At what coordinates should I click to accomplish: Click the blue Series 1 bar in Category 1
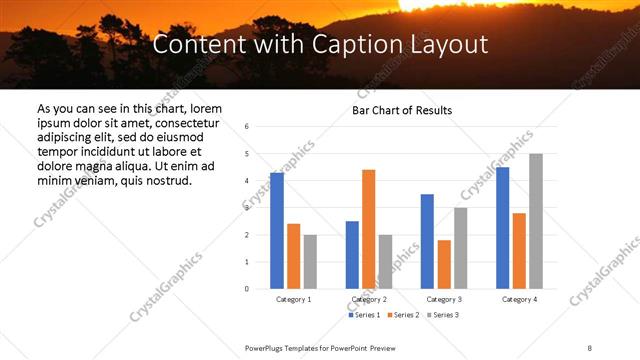[x=277, y=231]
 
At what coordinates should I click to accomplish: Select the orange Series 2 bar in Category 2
[x=368, y=229]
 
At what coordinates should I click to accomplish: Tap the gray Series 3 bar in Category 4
[x=536, y=221]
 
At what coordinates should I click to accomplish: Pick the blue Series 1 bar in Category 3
[x=427, y=241]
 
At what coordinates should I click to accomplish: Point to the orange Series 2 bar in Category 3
[x=444, y=264]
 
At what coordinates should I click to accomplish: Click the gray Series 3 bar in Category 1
[x=310, y=262]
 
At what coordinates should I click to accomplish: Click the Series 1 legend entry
[x=364, y=315]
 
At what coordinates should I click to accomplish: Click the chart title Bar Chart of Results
[x=402, y=110]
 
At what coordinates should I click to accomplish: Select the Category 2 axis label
[x=368, y=299]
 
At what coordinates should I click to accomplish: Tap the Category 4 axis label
[x=519, y=299]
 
